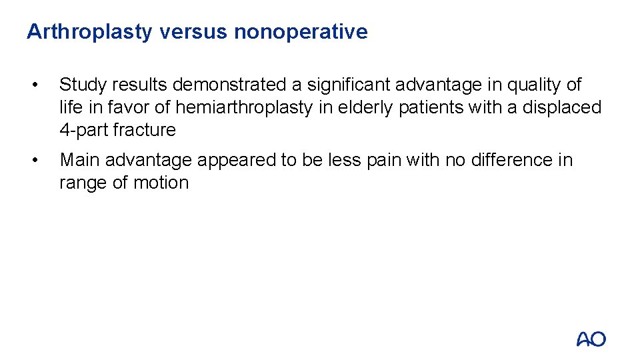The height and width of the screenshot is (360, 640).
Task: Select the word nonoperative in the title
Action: (301, 32)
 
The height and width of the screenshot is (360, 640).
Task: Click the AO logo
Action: (591, 339)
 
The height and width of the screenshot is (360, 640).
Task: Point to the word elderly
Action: (361, 107)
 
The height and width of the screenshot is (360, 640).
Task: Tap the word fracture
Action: (145, 130)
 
